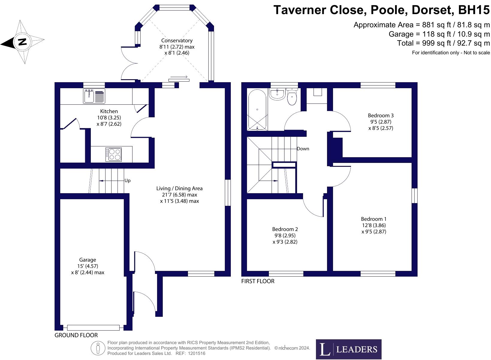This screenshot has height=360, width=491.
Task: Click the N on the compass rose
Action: pos(22,41)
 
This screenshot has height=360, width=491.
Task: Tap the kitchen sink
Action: pos(94,96)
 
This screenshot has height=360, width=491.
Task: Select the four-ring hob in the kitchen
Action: pos(114,154)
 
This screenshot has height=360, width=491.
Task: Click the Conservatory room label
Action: pos(177,40)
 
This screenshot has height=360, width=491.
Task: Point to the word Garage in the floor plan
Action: pos(88,260)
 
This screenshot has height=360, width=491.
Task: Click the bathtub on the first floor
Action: pos(257,110)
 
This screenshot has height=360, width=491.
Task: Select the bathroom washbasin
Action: pos(277,94)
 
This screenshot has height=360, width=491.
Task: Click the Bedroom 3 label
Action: pos(381,115)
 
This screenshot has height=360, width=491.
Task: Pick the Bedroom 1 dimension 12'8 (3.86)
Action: pos(374,225)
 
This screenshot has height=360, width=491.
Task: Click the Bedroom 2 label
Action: pos(285,229)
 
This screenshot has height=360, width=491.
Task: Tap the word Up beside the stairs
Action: pos(127,181)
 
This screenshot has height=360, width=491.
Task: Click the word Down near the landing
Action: pos(303,149)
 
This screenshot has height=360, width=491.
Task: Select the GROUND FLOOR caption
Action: pos(76,335)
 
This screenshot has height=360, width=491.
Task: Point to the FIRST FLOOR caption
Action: pos(258,281)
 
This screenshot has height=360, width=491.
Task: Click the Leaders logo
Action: pos(349,349)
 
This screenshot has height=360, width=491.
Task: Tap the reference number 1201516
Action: pos(197,353)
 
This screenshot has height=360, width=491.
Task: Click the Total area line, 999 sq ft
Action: pos(443,43)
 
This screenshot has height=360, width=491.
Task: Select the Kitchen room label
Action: pos(109,111)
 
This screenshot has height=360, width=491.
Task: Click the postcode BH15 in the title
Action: pos(474,10)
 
